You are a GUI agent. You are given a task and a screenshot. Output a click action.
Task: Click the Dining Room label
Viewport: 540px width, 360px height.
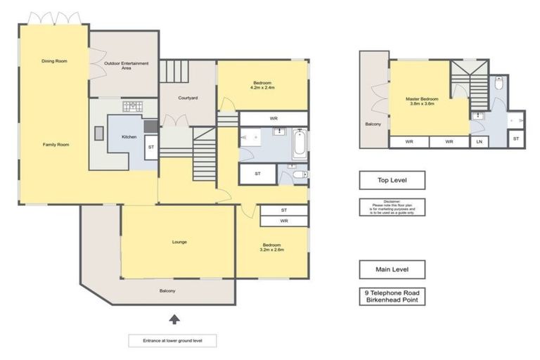pyautogui.click(x=54, y=62)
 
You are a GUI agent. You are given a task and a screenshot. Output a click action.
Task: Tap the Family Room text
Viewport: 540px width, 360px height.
pyautogui.click(x=56, y=144)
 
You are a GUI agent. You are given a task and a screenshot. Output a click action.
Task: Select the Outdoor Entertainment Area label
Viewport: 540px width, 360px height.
pyautogui.click(x=126, y=66)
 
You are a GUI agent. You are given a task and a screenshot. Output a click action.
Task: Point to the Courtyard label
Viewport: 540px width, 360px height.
pyautogui.click(x=187, y=98)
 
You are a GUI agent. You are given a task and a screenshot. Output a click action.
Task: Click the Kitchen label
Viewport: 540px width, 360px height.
pyautogui.click(x=129, y=136)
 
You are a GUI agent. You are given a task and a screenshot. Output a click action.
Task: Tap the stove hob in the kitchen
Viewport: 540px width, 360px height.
pyautogui.click(x=132, y=107)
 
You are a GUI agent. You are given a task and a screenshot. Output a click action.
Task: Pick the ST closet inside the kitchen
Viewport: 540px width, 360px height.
pyautogui.click(x=151, y=148)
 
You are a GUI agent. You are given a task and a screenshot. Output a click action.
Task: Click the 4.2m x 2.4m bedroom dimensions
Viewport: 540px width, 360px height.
pyautogui.click(x=262, y=88)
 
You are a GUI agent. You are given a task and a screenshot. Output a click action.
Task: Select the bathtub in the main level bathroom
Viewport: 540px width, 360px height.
pyautogui.click(x=298, y=143)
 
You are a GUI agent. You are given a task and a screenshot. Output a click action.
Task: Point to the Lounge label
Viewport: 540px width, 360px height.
pyautogui.click(x=179, y=242)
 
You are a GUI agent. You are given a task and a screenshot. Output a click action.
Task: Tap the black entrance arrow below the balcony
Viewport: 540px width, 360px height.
pyautogui.click(x=174, y=320)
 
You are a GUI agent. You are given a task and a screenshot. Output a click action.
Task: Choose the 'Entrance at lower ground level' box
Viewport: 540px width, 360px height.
pyautogui.click(x=172, y=341)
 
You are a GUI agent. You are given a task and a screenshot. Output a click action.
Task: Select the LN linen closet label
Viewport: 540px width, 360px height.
pyautogui.click(x=480, y=142)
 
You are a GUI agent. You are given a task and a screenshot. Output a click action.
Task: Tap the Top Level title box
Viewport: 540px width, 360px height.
pyautogui.click(x=392, y=181)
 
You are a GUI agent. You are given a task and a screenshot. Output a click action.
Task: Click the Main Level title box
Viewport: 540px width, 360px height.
pyautogui.click(x=392, y=269)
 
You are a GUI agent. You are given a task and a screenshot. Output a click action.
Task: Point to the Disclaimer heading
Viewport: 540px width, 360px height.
pyautogui.click(x=392, y=202)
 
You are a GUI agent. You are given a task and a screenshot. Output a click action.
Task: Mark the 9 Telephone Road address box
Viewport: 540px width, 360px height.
pyautogui.click(x=392, y=296)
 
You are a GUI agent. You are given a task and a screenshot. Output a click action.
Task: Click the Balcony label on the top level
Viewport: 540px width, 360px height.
pyautogui.click(x=373, y=124)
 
